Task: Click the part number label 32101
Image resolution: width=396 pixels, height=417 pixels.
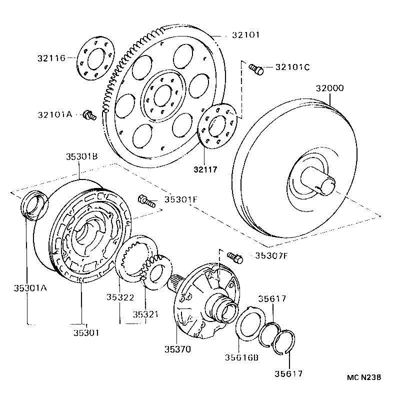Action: pyautogui.click(x=245, y=35)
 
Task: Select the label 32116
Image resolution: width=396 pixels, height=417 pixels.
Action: pyautogui.click(x=50, y=58)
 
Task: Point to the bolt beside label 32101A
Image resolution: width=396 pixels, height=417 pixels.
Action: pyautogui.click(x=89, y=115)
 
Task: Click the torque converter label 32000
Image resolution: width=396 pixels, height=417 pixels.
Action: pyautogui.click(x=329, y=88)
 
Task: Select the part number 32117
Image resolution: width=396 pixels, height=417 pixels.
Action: pyautogui.click(x=206, y=169)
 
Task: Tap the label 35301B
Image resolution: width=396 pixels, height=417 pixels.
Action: pyautogui.click(x=81, y=156)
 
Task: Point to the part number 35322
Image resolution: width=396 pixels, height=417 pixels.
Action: pyautogui.click(x=119, y=297)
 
